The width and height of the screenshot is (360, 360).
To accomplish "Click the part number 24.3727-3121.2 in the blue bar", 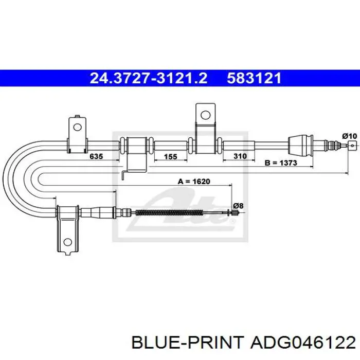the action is [x=149, y=78].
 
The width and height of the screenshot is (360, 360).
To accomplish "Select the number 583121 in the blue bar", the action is [x=254, y=78].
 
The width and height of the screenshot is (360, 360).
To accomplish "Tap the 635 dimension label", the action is [x=96, y=156].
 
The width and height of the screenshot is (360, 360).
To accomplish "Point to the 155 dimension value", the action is [x=171, y=156].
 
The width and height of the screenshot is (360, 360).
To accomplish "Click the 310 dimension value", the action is [x=240, y=156].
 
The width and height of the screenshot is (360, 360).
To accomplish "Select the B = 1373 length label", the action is [x=281, y=163].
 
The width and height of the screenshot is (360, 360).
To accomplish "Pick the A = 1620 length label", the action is [x=194, y=182].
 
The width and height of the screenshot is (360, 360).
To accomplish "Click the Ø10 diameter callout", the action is [x=350, y=136].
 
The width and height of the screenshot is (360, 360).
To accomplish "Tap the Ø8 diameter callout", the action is [x=238, y=206].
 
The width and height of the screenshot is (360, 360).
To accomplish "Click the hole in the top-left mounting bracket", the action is [x=77, y=127].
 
